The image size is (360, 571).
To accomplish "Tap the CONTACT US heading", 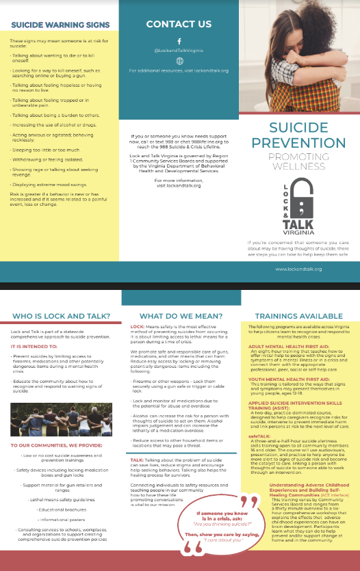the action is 178,24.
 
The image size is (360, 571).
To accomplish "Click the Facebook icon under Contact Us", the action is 179,41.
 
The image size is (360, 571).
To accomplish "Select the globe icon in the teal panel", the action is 179,61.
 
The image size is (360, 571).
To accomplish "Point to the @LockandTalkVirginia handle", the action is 179,51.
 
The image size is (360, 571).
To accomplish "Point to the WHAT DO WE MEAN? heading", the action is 179,316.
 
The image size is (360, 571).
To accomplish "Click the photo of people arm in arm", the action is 60,410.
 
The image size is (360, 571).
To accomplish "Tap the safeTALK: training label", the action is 257,435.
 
